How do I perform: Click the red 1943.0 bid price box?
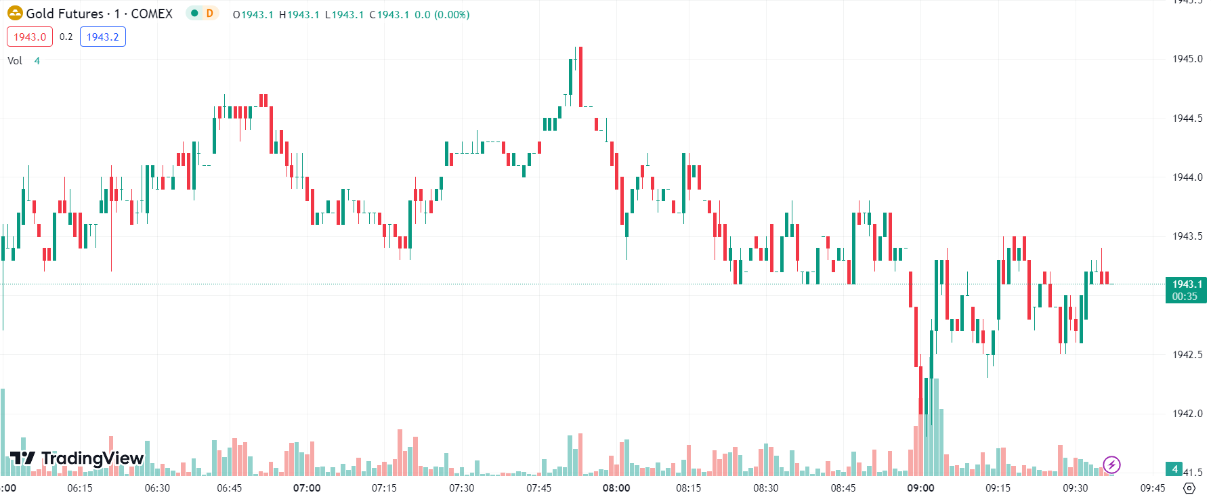click(x=30, y=37)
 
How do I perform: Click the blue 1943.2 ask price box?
click(x=103, y=37)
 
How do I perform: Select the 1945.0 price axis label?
click(x=1187, y=59)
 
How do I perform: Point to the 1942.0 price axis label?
click(x=1187, y=414)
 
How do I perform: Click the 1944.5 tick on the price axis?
click(x=1187, y=118)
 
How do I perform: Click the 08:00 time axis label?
click(x=616, y=488)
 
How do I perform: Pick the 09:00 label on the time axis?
click(x=920, y=488)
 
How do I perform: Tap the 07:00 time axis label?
click(x=307, y=488)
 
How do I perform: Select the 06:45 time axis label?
click(x=230, y=488)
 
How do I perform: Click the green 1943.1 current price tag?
click(x=1185, y=290)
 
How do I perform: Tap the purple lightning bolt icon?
click(x=1111, y=464)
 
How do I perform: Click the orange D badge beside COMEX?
click(x=210, y=14)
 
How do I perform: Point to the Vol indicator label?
click(x=15, y=61)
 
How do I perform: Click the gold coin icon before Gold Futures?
click(x=15, y=14)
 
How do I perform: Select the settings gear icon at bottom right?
click(x=1189, y=488)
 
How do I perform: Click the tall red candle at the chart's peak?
click(x=580, y=77)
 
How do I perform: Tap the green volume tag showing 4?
click(x=1174, y=469)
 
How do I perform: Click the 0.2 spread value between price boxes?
click(x=66, y=37)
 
